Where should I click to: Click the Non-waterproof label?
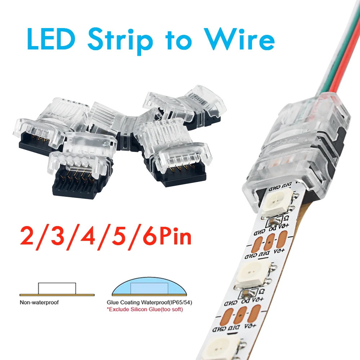pyautogui.click(x=39, y=302)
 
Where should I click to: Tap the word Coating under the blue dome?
pyautogui.click(x=133, y=302)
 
